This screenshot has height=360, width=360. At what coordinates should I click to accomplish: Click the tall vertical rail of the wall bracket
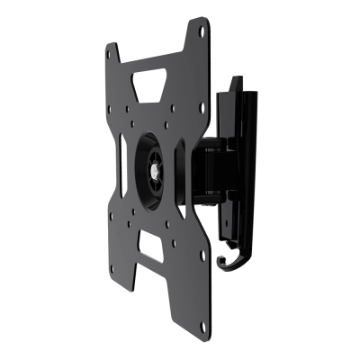(x=238, y=162)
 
